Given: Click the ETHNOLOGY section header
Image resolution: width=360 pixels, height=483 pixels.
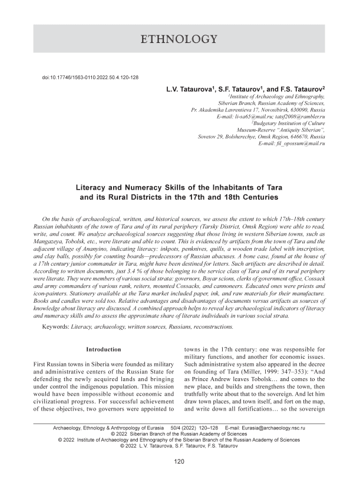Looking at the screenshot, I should coord(180,40).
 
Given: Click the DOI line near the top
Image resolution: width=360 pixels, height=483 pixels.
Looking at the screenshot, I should coord(90,78).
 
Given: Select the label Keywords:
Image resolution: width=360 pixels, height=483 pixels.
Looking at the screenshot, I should coord(61,325).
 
